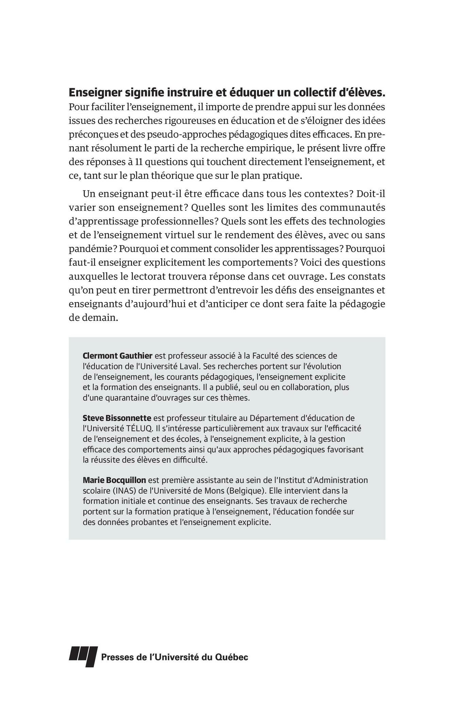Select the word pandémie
click(x=88, y=249)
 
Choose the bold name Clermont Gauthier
click(x=118, y=356)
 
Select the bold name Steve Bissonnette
click(x=117, y=418)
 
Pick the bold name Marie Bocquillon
click(x=114, y=480)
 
